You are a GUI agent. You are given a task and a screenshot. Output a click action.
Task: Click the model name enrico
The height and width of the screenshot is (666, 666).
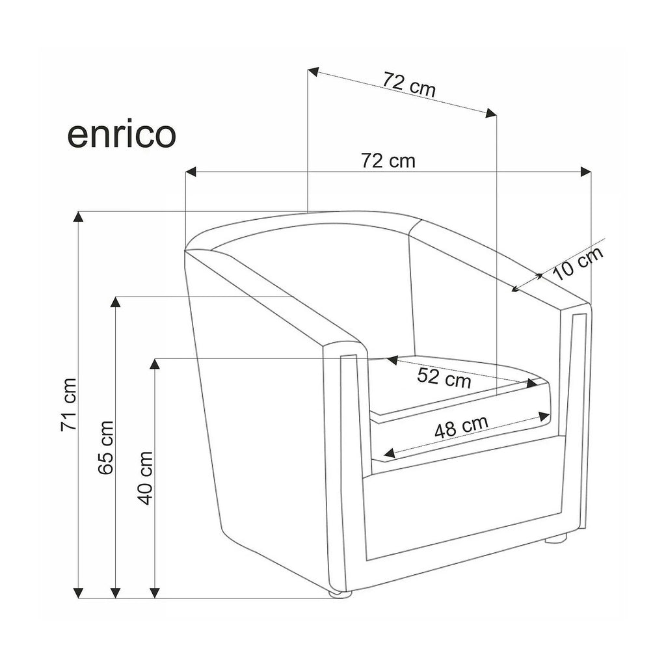pyautogui.click(x=122, y=135)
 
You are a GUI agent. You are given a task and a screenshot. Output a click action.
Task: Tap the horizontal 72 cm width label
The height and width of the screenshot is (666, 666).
pyautogui.click(x=388, y=161)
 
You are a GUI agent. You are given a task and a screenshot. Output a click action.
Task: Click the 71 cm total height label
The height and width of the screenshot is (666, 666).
pyautogui.click(x=69, y=405)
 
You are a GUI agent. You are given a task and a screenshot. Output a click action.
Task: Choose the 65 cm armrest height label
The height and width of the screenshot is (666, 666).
pyautogui.click(x=106, y=447)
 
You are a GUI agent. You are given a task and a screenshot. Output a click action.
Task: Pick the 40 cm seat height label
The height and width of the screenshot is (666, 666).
pyautogui.click(x=145, y=478)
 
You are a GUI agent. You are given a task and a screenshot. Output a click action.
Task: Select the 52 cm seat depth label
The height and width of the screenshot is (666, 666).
pyautogui.click(x=444, y=378)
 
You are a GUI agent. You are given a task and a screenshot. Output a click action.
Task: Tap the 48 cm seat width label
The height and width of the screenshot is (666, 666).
pyautogui.click(x=461, y=426)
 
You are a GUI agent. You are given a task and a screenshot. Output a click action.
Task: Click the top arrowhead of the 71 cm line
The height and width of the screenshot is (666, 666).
pyautogui.click(x=78, y=217)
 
